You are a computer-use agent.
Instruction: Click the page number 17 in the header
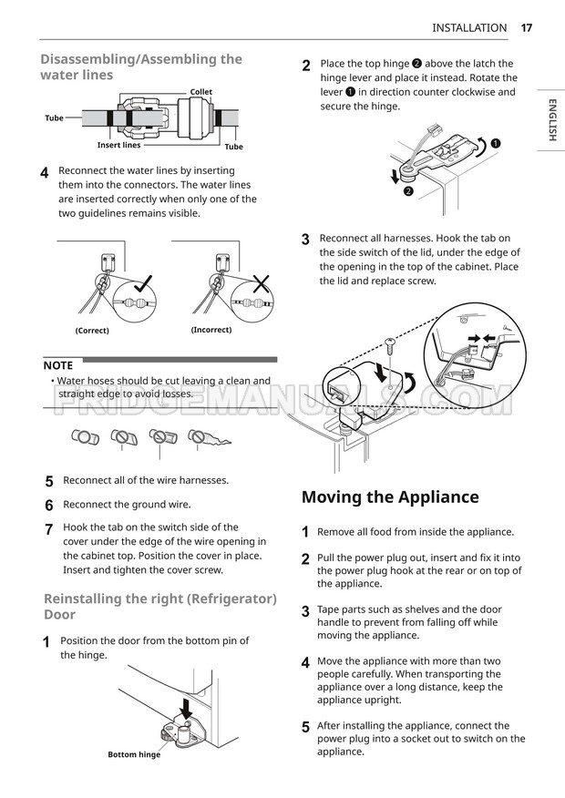coord(527,27)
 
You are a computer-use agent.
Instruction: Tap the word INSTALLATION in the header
coord(469,27)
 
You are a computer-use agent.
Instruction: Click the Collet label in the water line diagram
coord(200,92)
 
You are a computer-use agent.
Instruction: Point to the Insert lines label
coord(119,146)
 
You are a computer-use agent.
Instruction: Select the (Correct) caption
coord(92,331)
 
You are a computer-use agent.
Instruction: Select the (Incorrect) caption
coord(211,330)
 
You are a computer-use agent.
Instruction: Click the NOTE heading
coord(58,365)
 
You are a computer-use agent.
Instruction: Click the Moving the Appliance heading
coord(390,497)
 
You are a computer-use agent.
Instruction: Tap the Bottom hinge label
coord(134,754)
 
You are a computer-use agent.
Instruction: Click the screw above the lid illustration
coord(389,347)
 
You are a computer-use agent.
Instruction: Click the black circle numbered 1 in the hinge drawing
coord(495,143)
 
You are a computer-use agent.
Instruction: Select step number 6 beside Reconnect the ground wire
coord(49,505)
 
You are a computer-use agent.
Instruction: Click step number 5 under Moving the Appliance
coord(305,727)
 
